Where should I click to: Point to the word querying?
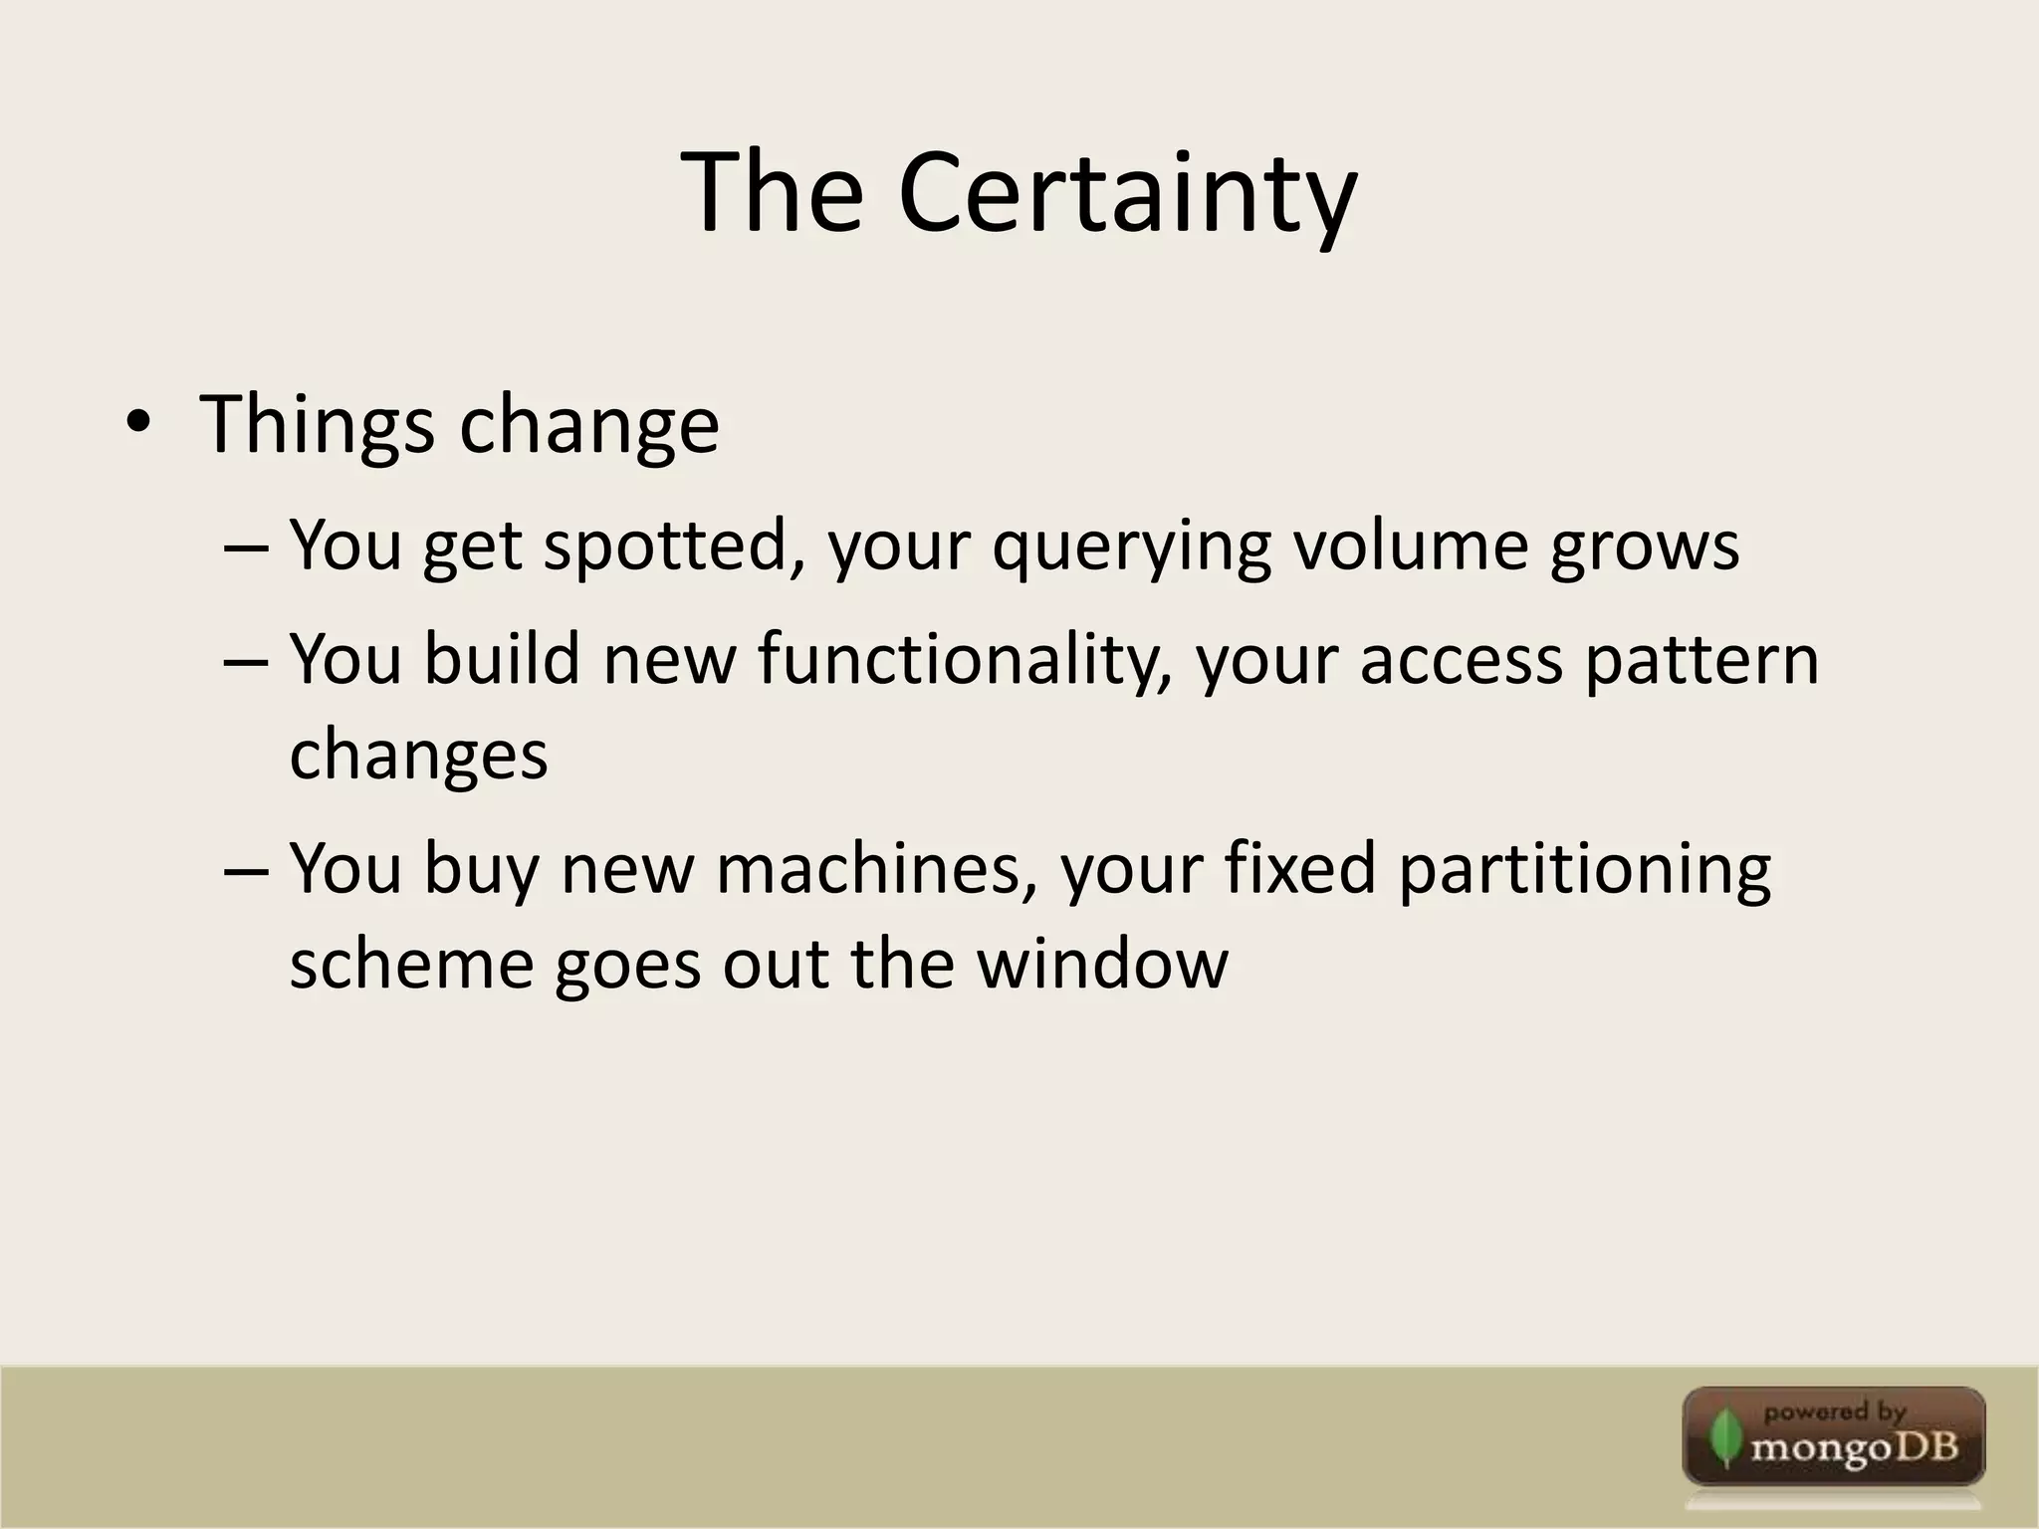coord(1131,547)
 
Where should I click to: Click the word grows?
coord(1644,547)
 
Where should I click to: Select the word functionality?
coord(963,659)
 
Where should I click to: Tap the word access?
coord(1461,661)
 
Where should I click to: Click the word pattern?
coord(1700,661)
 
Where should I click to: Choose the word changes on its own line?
coord(418,754)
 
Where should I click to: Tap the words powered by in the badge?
coord(1834,1412)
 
